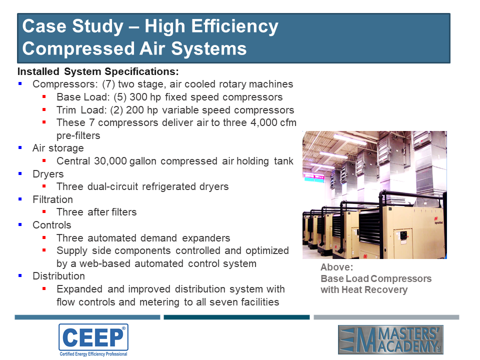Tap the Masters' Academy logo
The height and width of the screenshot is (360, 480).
390,339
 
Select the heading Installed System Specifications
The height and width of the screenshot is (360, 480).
98,71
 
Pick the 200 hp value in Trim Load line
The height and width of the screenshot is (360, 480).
141,110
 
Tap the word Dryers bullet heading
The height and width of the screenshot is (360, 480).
48,174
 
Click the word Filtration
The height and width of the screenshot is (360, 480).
52,199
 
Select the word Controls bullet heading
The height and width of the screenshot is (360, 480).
51,225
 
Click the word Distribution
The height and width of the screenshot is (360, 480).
59,276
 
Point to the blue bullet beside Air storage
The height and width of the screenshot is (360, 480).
20,147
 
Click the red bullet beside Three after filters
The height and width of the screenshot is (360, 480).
44,211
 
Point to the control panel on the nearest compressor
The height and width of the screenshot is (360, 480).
403,235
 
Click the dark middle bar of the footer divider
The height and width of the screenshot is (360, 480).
236,317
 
